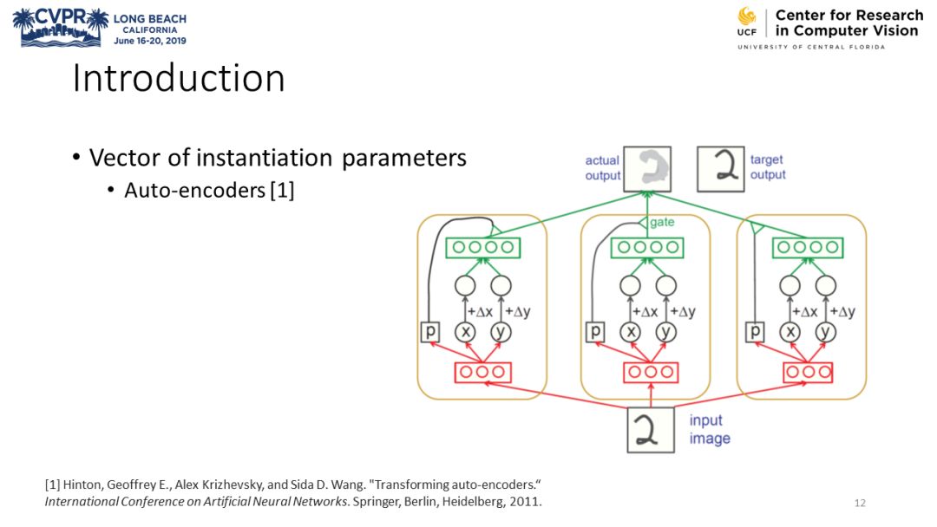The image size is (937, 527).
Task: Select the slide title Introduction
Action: [x=178, y=79]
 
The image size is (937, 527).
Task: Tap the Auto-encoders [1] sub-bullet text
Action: [x=209, y=190]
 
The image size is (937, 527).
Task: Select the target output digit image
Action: [x=721, y=169]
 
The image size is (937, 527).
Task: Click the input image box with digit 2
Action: [x=651, y=429]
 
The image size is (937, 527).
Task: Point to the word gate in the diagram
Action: [x=662, y=223]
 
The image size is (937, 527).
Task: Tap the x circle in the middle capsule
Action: [x=630, y=331]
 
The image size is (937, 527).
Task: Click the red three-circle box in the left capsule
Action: [x=482, y=372]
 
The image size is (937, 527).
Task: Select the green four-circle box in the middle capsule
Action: [x=646, y=247]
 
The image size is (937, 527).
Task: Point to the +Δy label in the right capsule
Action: [x=842, y=310]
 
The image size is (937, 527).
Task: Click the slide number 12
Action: [x=860, y=503]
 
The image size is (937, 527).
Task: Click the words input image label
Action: [x=710, y=429]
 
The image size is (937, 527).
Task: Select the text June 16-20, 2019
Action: [x=149, y=40]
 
